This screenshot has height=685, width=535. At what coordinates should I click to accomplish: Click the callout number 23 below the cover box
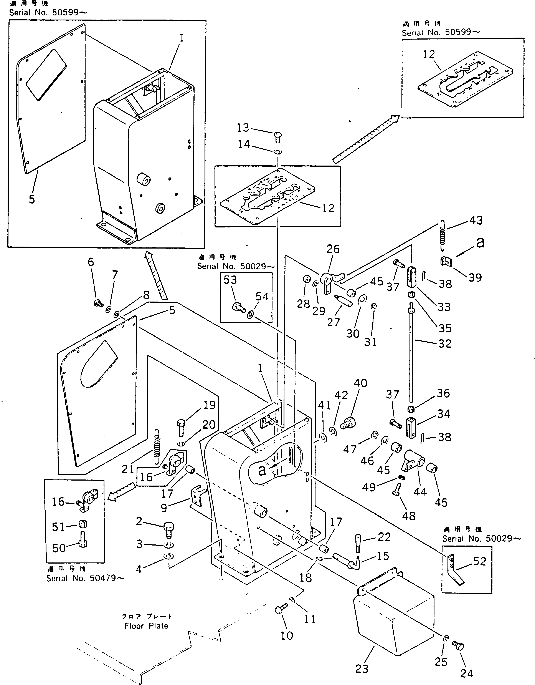362,669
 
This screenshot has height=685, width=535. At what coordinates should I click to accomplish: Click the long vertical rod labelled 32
411,354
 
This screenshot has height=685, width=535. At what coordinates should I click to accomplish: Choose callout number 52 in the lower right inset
480,561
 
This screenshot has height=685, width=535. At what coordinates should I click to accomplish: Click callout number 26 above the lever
333,249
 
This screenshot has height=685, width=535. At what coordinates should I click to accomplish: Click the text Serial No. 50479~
85,578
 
